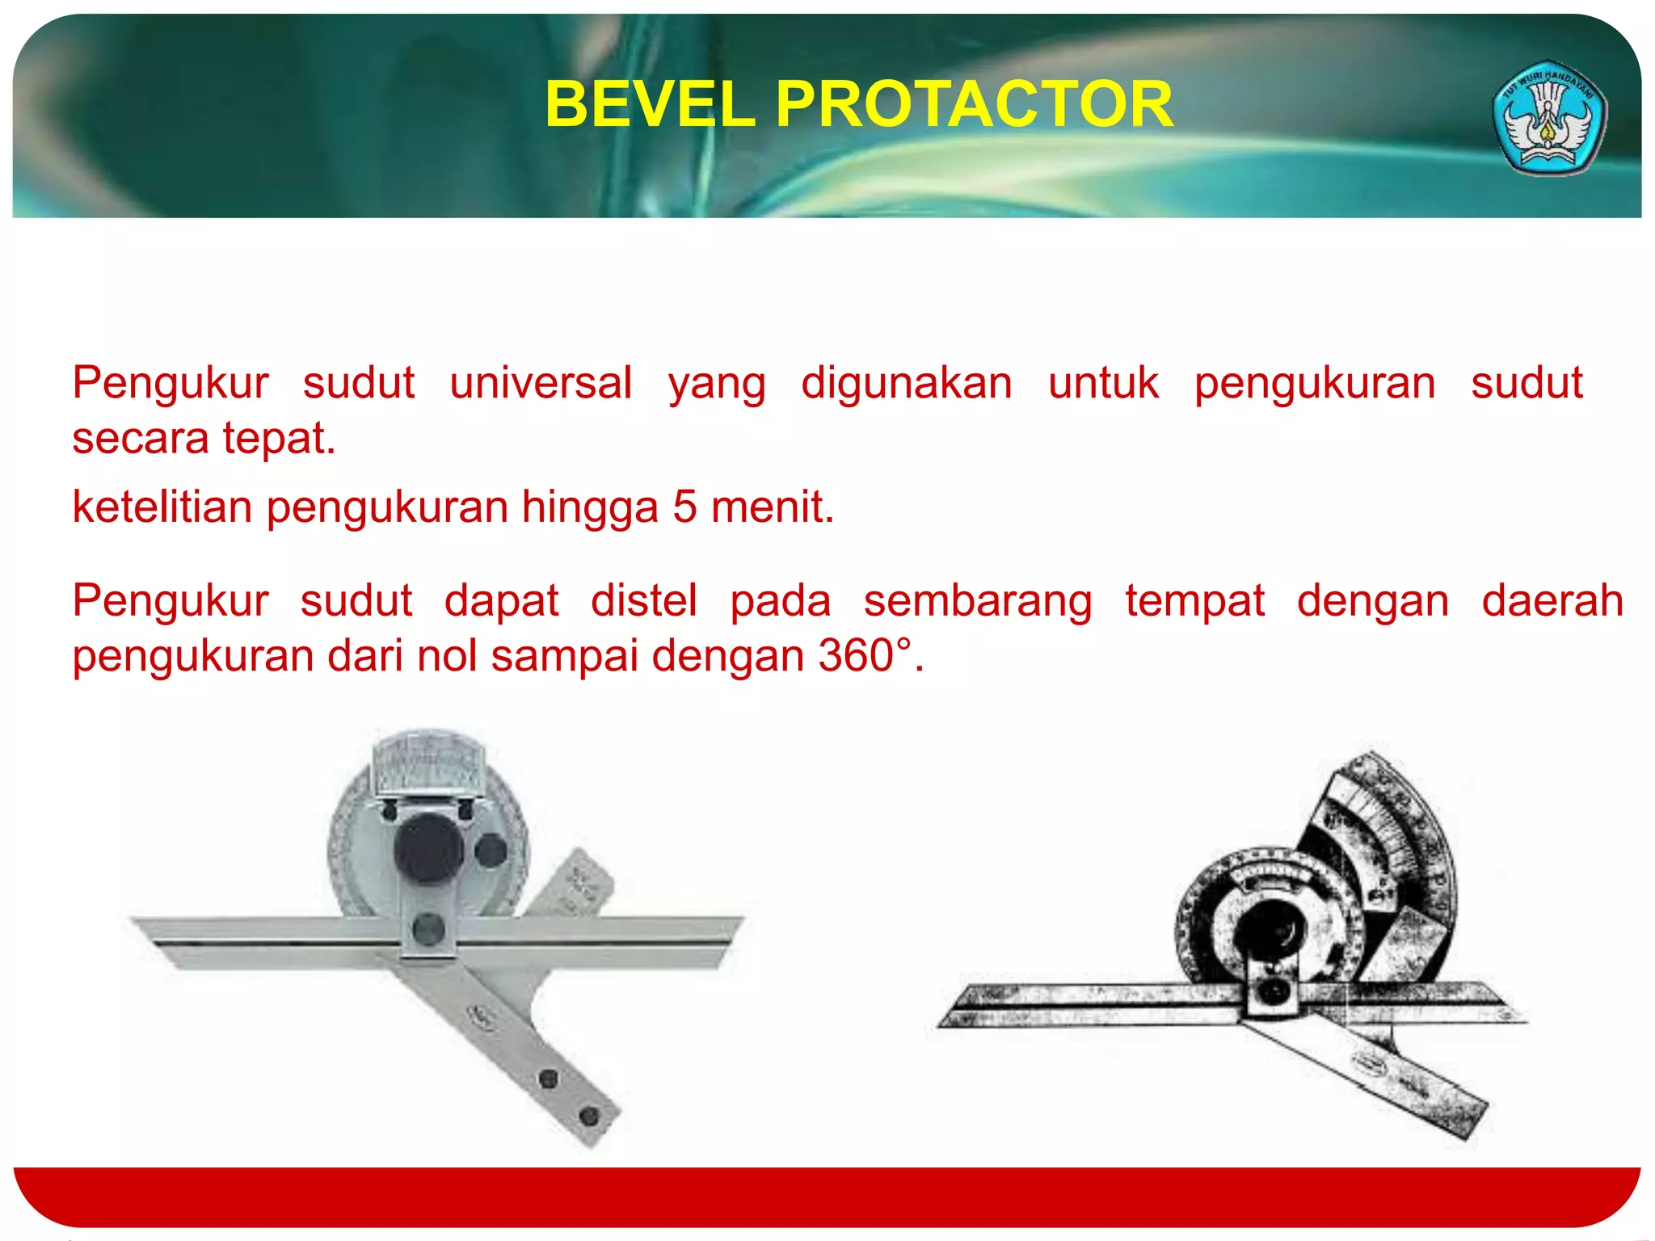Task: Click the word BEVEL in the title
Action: [650, 105]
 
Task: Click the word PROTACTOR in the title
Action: [974, 105]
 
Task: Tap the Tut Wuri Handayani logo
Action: [1548, 118]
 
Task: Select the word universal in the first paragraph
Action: [541, 383]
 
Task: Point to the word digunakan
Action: [906, 383]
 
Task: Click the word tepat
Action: [278, 440]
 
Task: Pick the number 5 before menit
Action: [684, 507]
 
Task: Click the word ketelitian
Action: [162, 507]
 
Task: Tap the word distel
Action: [643, 601]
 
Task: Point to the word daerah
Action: [1552, 601]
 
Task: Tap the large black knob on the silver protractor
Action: [427, 848]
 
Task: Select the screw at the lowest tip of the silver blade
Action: [589, 1116]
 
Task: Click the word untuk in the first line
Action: [1103, 383]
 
